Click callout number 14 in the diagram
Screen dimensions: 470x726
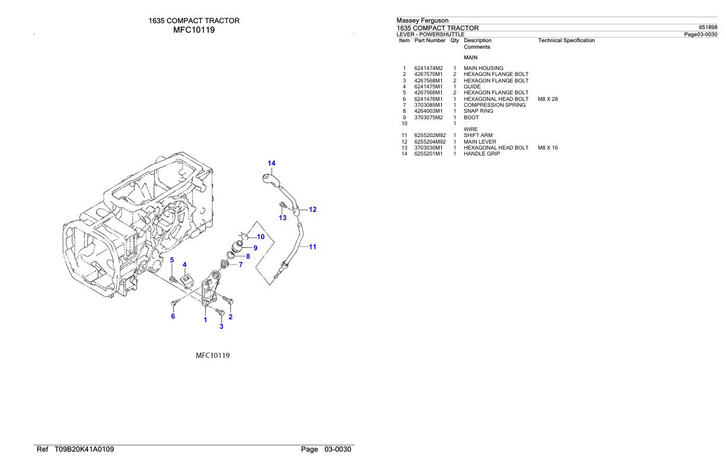tap(271, 163)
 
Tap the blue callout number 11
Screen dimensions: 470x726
tap(313, 247)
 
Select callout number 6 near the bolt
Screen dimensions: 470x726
tap(173, 316)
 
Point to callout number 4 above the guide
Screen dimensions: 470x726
tap(184, 265)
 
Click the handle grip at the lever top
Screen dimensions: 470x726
tap(269, 177)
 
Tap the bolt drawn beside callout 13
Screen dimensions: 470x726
tap(282, 206)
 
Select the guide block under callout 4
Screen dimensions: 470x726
tap(186, 278)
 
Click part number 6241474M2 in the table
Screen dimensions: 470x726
tap(428, 68)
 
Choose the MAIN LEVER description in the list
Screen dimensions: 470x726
tap(480, 142)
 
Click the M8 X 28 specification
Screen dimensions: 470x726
tap(547, 99)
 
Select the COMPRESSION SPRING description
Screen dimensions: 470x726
tap(494, 105)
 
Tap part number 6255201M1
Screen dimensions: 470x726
tap(428, 154)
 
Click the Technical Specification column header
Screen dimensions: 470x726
tap(566, 40)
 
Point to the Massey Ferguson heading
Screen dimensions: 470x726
tap(422, 21)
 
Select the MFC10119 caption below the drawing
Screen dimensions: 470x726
tap(213, 355)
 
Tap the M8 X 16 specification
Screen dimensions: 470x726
tap(547, 148)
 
